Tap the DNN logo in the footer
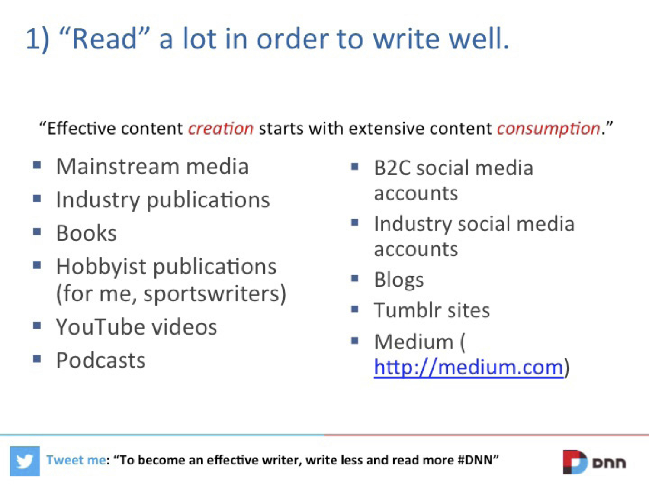[x=594, y=462]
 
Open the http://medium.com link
[x=469, y=368]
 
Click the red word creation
[x=221, y=129]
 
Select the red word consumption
[x=549, y=129]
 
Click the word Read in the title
[x=104, y=39]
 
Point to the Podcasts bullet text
[x=101, y=361]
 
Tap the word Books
[x=87, y=233]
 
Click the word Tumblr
[x=408, y=310]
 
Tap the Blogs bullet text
[x=399, y=280]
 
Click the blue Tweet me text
[x=76, y=460]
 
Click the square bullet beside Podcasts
[x=37, y=359]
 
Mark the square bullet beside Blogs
[x=354, y=278]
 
